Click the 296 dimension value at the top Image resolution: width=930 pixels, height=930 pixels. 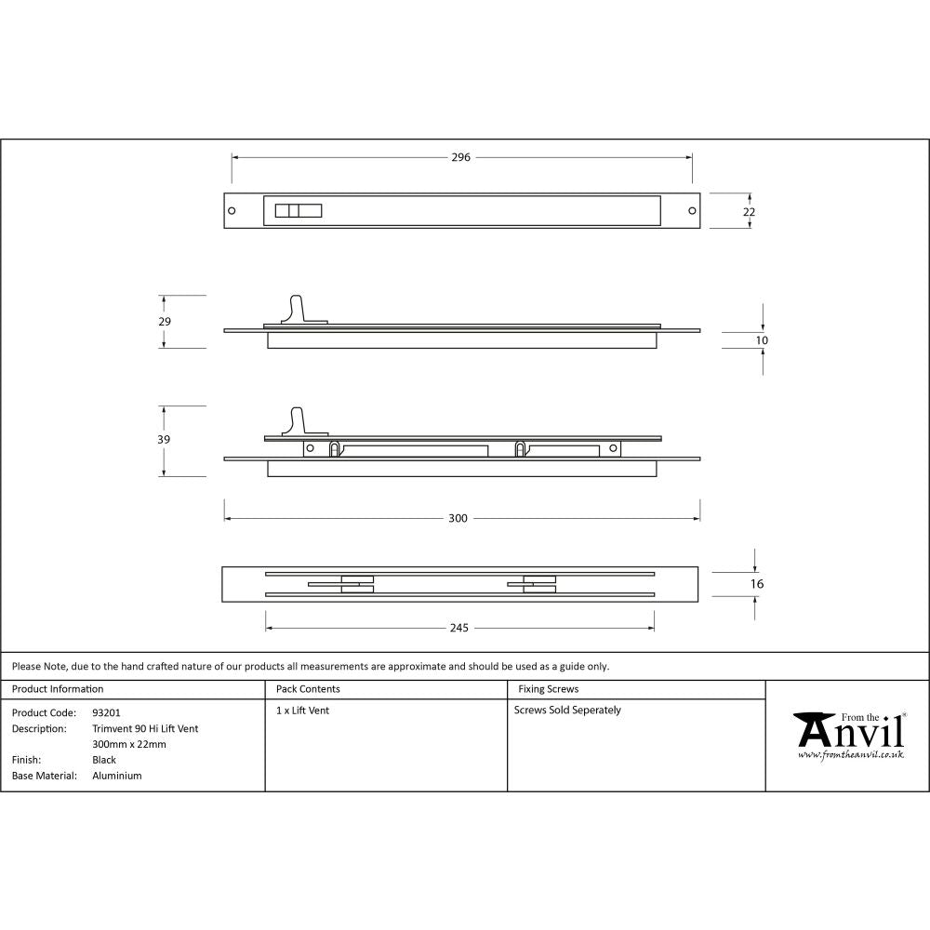pyautogui.click(x=460, y=157)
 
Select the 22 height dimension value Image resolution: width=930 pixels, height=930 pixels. pyautogui.click(x=750, y=212)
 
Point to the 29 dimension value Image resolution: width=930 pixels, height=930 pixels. pyautogui.click(x=165, y=321)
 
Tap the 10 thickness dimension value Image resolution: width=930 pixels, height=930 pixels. pyautogui.click(x=762, y=340)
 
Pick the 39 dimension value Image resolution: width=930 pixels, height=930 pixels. pyautogui.click(x=165, y=439)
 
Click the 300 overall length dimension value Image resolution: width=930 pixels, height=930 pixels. pyautogui.click(x=458, y=518)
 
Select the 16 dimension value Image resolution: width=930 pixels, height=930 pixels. pyautogui.click(x=756, y=584)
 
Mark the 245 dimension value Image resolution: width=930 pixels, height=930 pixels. pyautogui.click(x=458, y=628)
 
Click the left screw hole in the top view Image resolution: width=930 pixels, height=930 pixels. pyautogui.click(x=232, y=210)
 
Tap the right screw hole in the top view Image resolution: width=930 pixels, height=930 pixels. pyautogui.click(x=692, y=210)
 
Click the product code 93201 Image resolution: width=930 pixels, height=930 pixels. pyautogui.click(x=106, y=712)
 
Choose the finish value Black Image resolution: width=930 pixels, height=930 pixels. pyautogui.click(x=104, y=760)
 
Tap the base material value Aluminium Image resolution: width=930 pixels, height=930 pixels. pyautogui.click(x=117, y=776)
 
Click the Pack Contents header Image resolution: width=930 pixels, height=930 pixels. pyautogui.click(x=308, y=689)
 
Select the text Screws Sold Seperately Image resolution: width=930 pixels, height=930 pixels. pyautogui.click(x=567, y=710)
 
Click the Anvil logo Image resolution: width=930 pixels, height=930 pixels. pyautogui.click(x=848, y=736)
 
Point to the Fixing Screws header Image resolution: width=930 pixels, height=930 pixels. pyautogui.click(x=548, y=689)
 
